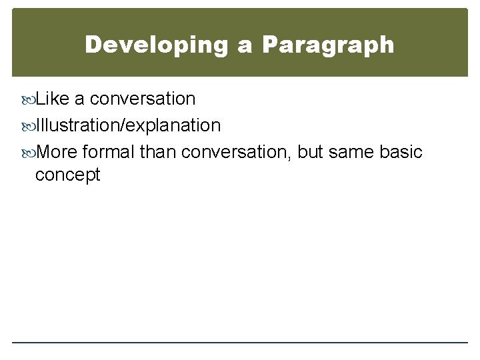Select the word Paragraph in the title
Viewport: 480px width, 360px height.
tap(328, 45)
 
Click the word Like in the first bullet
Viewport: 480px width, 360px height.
tap(53, 99)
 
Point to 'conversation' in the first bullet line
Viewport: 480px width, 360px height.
tap(142, 99)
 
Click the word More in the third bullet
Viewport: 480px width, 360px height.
tap(57, 152)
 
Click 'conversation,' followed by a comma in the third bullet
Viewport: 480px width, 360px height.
tap(237, 152)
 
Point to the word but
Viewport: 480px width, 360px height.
tap(311, 152)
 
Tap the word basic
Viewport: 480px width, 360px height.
tap(401, 152)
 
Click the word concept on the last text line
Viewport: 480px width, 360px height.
tap(67, 175)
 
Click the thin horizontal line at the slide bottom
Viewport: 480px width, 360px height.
tap(240, 343)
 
